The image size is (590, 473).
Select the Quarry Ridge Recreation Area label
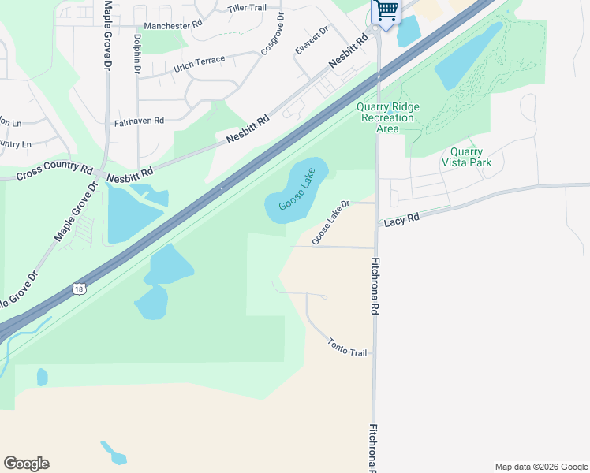388,117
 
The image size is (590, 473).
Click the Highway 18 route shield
78,289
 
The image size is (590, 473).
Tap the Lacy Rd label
401,222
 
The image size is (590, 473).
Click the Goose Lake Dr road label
330,223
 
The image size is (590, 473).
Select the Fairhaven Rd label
139,122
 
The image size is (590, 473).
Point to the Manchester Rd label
174,25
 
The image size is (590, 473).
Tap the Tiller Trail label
248,8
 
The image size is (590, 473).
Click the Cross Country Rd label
54,168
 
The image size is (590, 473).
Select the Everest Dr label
311,40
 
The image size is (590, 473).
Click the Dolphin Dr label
137,54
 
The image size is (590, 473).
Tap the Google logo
26,464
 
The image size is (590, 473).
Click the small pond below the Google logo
114,453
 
